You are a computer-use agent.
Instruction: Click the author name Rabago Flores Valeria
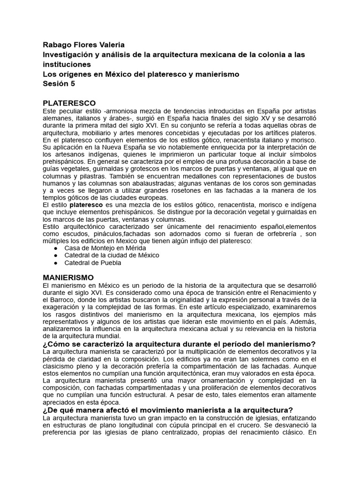(84, 45)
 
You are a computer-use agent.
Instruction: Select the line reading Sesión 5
(58, 84)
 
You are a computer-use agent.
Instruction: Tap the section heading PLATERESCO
(69, 103)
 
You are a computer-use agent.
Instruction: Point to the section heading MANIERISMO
(68, 277)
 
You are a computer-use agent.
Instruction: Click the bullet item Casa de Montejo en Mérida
(105, 247)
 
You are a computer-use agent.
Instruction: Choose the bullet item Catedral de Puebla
(93, 262)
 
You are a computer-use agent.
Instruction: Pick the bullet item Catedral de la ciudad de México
(112, 255)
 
